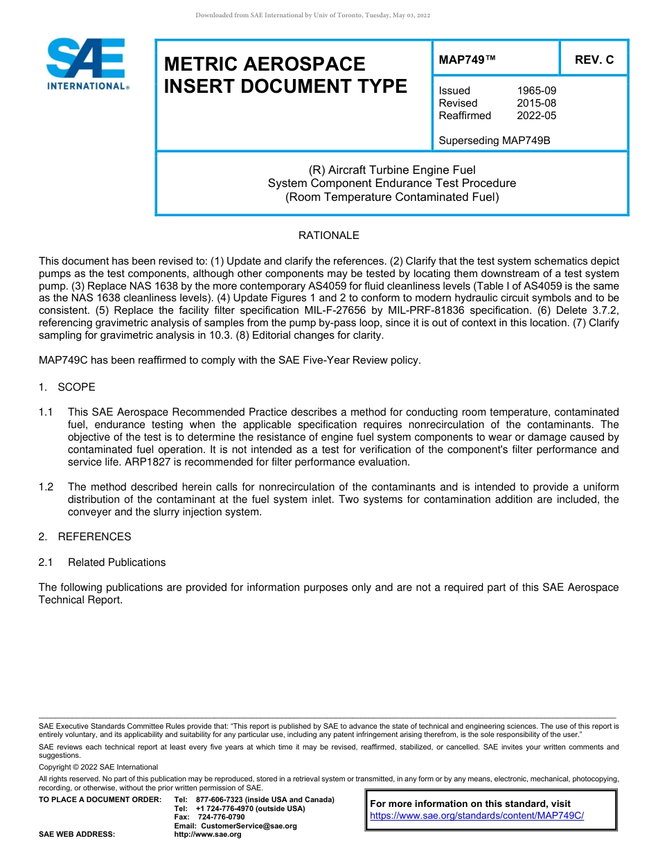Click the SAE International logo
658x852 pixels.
[x=86, y=64]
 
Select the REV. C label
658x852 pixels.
[x=594, y=60]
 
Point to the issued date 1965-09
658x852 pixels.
[x=536, y=91]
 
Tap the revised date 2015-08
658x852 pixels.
[x=536, y=103]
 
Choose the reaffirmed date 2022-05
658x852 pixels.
[x=536, y=116]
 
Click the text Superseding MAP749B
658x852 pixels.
[x=494, y=141]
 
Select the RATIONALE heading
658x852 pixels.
[x=328, y=236]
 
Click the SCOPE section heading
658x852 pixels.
[x=76, y=387]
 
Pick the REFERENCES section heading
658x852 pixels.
[x=94, y=537]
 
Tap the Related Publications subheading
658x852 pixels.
[x=116, y=562]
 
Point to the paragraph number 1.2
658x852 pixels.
[x=46, y=487]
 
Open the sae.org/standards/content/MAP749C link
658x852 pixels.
[x=477, y=816]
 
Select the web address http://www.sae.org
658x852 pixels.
[x=208, y=835]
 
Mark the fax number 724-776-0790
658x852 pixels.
[x=221, y=817]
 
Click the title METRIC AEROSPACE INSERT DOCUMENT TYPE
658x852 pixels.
[x=285, y=76]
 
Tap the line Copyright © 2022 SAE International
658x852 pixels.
[x=98, y=767]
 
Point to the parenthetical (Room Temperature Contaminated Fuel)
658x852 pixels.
[x=392, y=197]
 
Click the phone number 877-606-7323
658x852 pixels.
[x=220, y=799]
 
